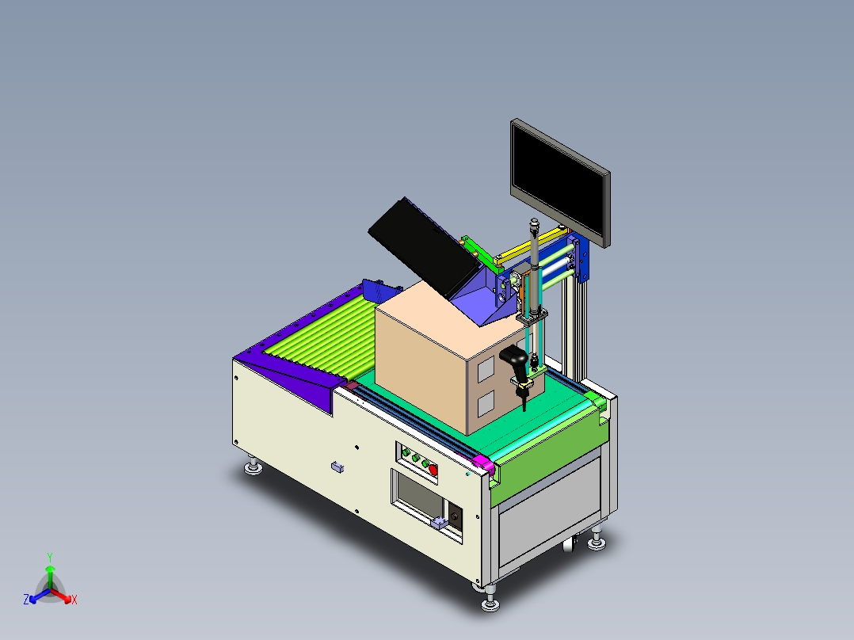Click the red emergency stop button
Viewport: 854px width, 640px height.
433,470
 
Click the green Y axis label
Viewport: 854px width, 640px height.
49,557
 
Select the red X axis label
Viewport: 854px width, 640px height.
74,600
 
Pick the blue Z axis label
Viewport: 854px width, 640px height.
26,600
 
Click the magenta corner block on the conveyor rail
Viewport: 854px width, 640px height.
482,463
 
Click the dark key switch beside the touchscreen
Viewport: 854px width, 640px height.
456,516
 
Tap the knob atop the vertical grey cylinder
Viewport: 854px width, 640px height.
534,224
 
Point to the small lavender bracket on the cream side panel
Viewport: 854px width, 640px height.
337,467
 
